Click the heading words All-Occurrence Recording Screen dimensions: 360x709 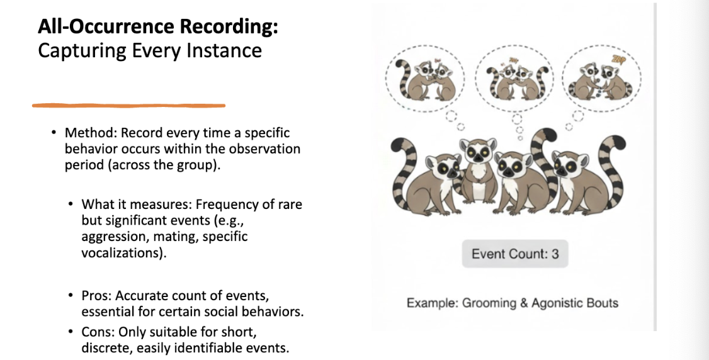coord(157,26)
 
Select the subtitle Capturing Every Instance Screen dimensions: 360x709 coord(150,50)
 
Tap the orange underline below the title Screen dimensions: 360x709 coord(128,105)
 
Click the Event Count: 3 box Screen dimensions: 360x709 coord(515,254)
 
